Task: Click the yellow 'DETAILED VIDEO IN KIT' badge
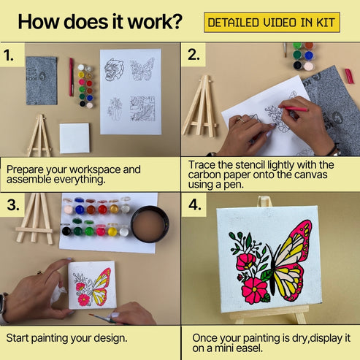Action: click(x=271, y=23)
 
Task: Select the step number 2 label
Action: click(x=194, y=55)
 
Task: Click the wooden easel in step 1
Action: click(x=39, y=135)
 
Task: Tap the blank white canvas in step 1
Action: click(x=74, y=137)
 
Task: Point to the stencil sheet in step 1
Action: click(x=131, y=91)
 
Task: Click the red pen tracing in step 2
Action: click(x=294, y=109)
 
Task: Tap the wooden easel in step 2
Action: click(x=199, y=110)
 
